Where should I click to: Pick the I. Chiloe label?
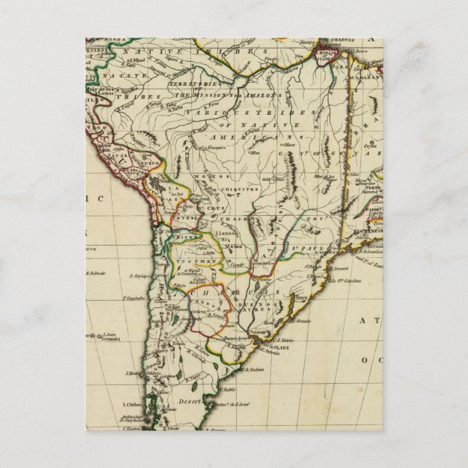tap(132, 404)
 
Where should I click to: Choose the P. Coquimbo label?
tap(134, 297)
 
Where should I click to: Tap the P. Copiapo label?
tap(142, 276)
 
